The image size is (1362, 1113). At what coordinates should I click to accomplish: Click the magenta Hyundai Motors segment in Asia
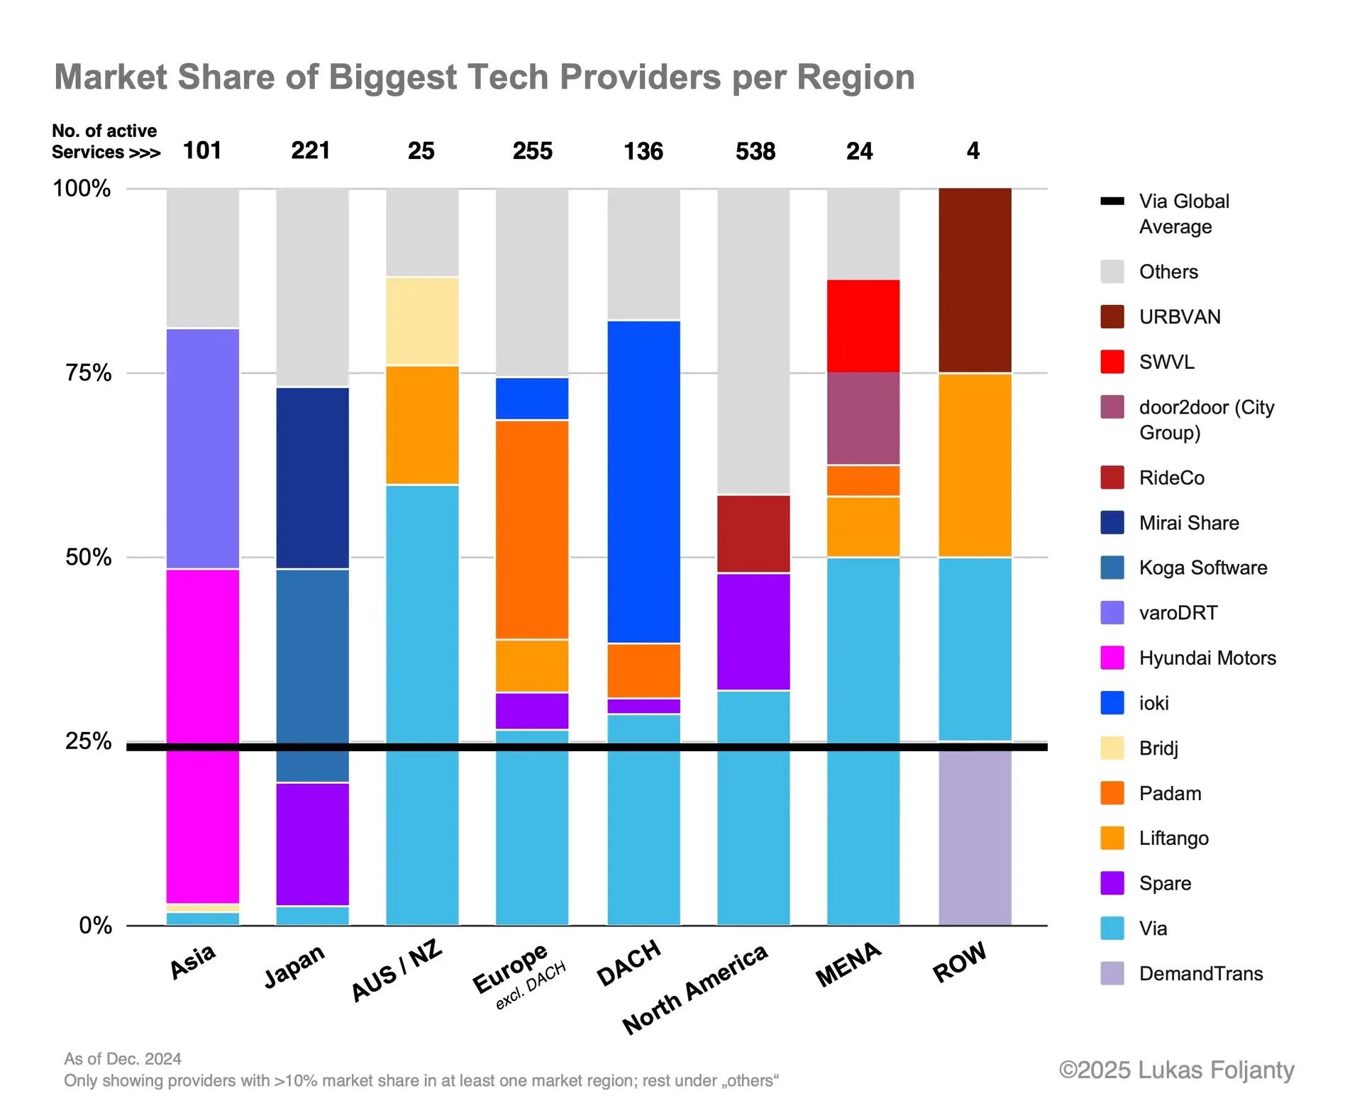coord(203,709)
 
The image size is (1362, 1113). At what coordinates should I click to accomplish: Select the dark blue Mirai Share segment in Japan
coord(312,477)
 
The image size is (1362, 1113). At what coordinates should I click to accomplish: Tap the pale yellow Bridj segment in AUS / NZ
coord(422,321)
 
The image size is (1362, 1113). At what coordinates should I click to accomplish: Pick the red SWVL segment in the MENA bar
coord(863,326)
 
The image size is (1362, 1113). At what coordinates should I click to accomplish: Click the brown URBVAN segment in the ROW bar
coord(975,279)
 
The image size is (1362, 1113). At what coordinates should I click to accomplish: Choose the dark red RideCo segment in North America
coord(753,533)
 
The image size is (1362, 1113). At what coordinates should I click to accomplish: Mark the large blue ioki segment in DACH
coord(643,482)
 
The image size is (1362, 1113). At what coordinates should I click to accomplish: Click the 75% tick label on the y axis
coord(88,372)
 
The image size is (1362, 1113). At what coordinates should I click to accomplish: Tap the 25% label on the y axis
coord(88,741)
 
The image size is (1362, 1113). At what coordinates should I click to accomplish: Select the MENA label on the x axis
coord(848,965)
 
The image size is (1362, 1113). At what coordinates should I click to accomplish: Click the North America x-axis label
coord(694,990)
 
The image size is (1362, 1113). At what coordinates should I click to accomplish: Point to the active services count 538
coord(755,151)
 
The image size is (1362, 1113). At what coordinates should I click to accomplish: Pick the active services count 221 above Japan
coord(311,150)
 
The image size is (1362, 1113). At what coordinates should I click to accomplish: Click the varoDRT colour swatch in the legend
coord(1112,613)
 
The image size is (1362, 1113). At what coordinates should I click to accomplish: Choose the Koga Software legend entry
coord(1202,567)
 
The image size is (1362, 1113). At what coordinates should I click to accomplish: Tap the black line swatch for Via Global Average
coord(1112,201)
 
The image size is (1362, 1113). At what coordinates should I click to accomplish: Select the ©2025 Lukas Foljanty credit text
coord(1176,1070)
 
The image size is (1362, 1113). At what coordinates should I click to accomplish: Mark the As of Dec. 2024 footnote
coord(123,1059)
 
